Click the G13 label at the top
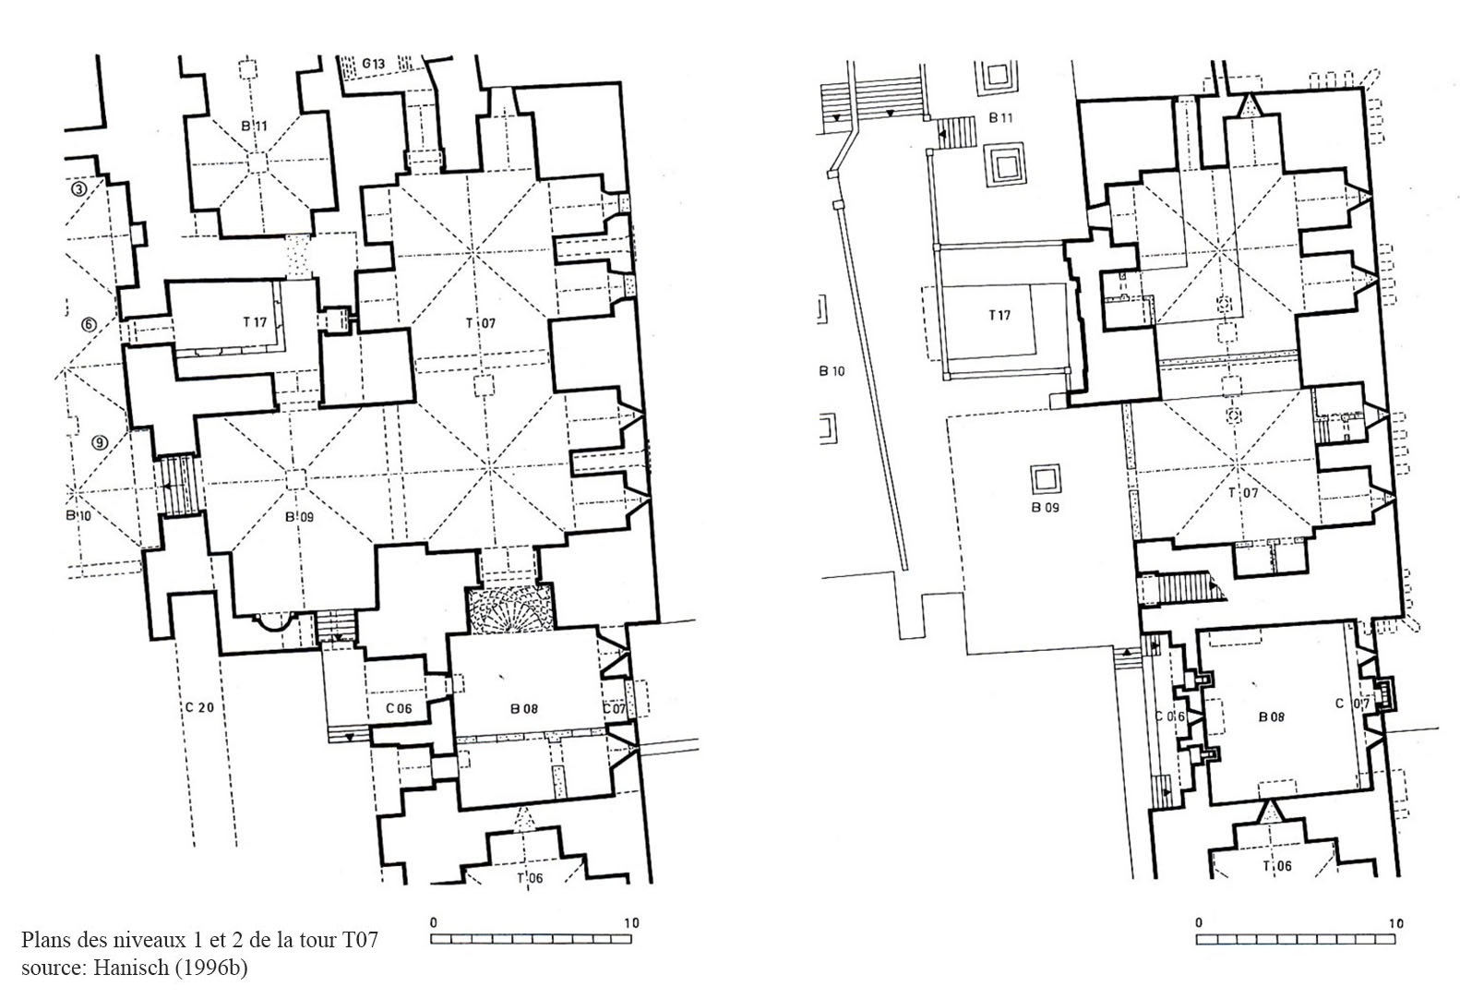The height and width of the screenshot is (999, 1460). click(373, 64)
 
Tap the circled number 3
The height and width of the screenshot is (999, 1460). click(78, 190)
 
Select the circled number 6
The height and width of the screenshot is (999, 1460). click(90, 324)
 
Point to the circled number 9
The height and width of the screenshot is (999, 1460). click(99, 443)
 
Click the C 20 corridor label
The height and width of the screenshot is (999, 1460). click(199, 707)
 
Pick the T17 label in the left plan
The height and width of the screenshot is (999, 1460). click(255, 321)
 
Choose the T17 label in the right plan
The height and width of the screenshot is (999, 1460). click(999, 316)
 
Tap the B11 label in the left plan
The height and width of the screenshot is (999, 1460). click(254, 126)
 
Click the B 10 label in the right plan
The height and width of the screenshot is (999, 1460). click(832, 371)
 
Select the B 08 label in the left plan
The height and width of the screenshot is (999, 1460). click(524, 708)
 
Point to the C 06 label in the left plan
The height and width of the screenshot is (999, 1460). click(399, 708)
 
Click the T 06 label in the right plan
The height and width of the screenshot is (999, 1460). click(1277, 866)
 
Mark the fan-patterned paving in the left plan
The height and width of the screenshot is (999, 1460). click(510, 609)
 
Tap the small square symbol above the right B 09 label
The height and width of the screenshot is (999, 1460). click(1045, 479)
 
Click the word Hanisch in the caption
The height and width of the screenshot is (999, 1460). click(130, 967)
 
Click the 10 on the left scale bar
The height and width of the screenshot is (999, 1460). click(631, 922)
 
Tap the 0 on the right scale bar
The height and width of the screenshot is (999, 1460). click(1199, 922)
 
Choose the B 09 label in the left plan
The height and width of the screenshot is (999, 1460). click(299, 516)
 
